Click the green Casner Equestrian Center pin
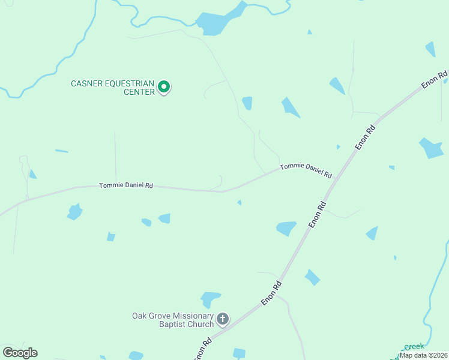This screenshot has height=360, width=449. [x=163, y=88]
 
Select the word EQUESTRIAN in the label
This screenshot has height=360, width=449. [x=129, y=83]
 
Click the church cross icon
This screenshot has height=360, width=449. [x=223, y=319]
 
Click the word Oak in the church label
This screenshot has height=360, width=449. [x=139, y=316]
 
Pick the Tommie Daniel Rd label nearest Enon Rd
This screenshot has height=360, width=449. [x=306, y=170]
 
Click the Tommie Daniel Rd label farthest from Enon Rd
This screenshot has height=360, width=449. [x=125, y=186]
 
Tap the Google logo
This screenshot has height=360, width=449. [x=20, y=353]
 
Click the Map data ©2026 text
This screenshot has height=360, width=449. [x=424, y=355]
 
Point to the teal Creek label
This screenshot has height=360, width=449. [x=414, y=347]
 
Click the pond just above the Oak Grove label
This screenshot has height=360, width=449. [x=210, y=298]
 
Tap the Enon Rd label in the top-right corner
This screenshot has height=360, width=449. [x=435, y=80]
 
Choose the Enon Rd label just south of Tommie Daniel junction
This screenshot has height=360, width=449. [x=318, y=214]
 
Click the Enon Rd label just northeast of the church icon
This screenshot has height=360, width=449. [x=271, y=295]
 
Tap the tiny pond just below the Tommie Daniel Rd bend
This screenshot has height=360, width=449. [x=239, y=203]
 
